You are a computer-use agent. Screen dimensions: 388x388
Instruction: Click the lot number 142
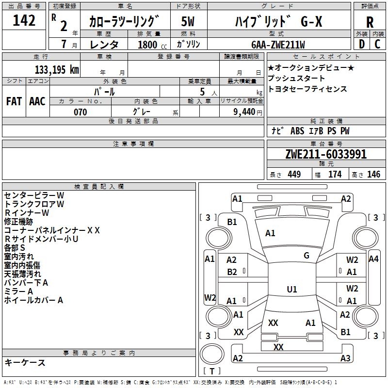pyautogui.click(x=24, y=20)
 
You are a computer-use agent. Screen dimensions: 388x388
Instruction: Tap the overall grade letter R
pyautogui.click(x=370, y=22)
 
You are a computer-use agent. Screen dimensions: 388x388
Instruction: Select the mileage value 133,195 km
pyautogui.click(x=57, y=70)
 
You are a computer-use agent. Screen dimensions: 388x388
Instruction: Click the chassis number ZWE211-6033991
pyautogui.click(x=326, y=154)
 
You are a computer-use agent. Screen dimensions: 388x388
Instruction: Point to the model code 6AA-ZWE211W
pyautogui.click(x=278, y=45)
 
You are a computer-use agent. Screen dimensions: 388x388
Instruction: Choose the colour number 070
pyautogui.click(x=81, y=112)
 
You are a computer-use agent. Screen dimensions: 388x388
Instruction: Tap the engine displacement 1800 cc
pyautogui.click(x=152, y=45)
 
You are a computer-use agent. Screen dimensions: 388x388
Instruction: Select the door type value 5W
pyautogui.click(x=188, y=21)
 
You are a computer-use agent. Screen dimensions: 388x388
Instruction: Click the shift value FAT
pyautogui.click(x=14, y=101)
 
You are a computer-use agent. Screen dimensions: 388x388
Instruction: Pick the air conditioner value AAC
pyautogui.click(x=37, y=101)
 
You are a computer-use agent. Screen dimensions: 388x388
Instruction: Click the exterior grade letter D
pyautogui.click(x=362, y=44)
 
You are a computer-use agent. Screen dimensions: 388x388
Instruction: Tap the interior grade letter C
pyautogui.click(x=377, y=44)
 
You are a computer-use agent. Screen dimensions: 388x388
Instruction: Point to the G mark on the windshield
pyautogui.click(x=307, y=256)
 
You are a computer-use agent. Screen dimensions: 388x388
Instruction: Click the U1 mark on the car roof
pyautogui.click(x=292, y=289)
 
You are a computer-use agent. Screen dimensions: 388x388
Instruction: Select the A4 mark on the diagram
pyautogui.click(x=373, y=259)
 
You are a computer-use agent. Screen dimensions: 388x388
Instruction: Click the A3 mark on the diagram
pyautogui.click(x=345, y=358)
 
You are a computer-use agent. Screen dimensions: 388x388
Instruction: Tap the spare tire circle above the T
pyautogui.click(x=212, y=354)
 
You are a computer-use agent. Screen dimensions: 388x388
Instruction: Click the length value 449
pyautogui.click(x=294, y=174)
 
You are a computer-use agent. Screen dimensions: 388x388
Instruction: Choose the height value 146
pyautogui.click(x=373, y=174)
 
